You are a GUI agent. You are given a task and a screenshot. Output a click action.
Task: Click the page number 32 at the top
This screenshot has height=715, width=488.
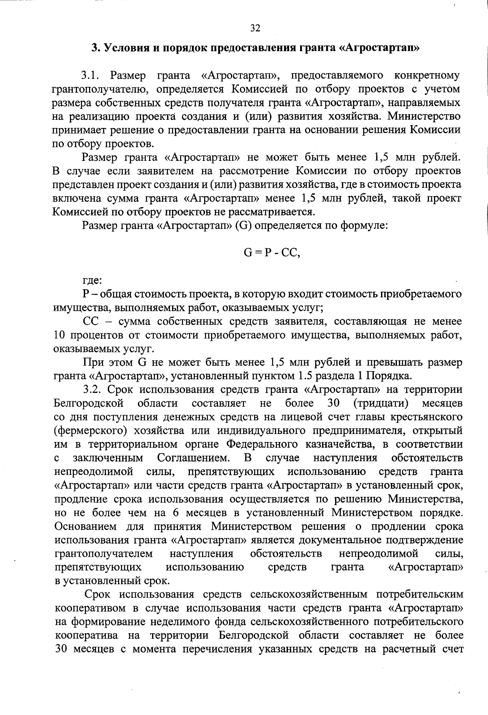[255, 28]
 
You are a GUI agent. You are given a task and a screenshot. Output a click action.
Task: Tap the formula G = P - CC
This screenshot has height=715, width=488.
[271, 253]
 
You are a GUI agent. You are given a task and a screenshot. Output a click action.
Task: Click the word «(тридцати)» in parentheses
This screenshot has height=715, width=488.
[381, 403]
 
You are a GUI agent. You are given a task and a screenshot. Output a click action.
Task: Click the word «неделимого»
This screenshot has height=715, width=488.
[182, 622]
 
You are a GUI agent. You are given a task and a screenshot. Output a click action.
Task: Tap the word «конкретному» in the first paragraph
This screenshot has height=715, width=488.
[427, 76]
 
